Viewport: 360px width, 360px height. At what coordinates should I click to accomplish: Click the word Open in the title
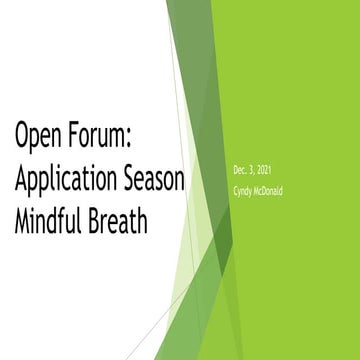37,135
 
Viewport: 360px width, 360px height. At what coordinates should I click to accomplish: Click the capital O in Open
21,135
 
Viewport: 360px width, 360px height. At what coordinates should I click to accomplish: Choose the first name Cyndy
241,191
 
